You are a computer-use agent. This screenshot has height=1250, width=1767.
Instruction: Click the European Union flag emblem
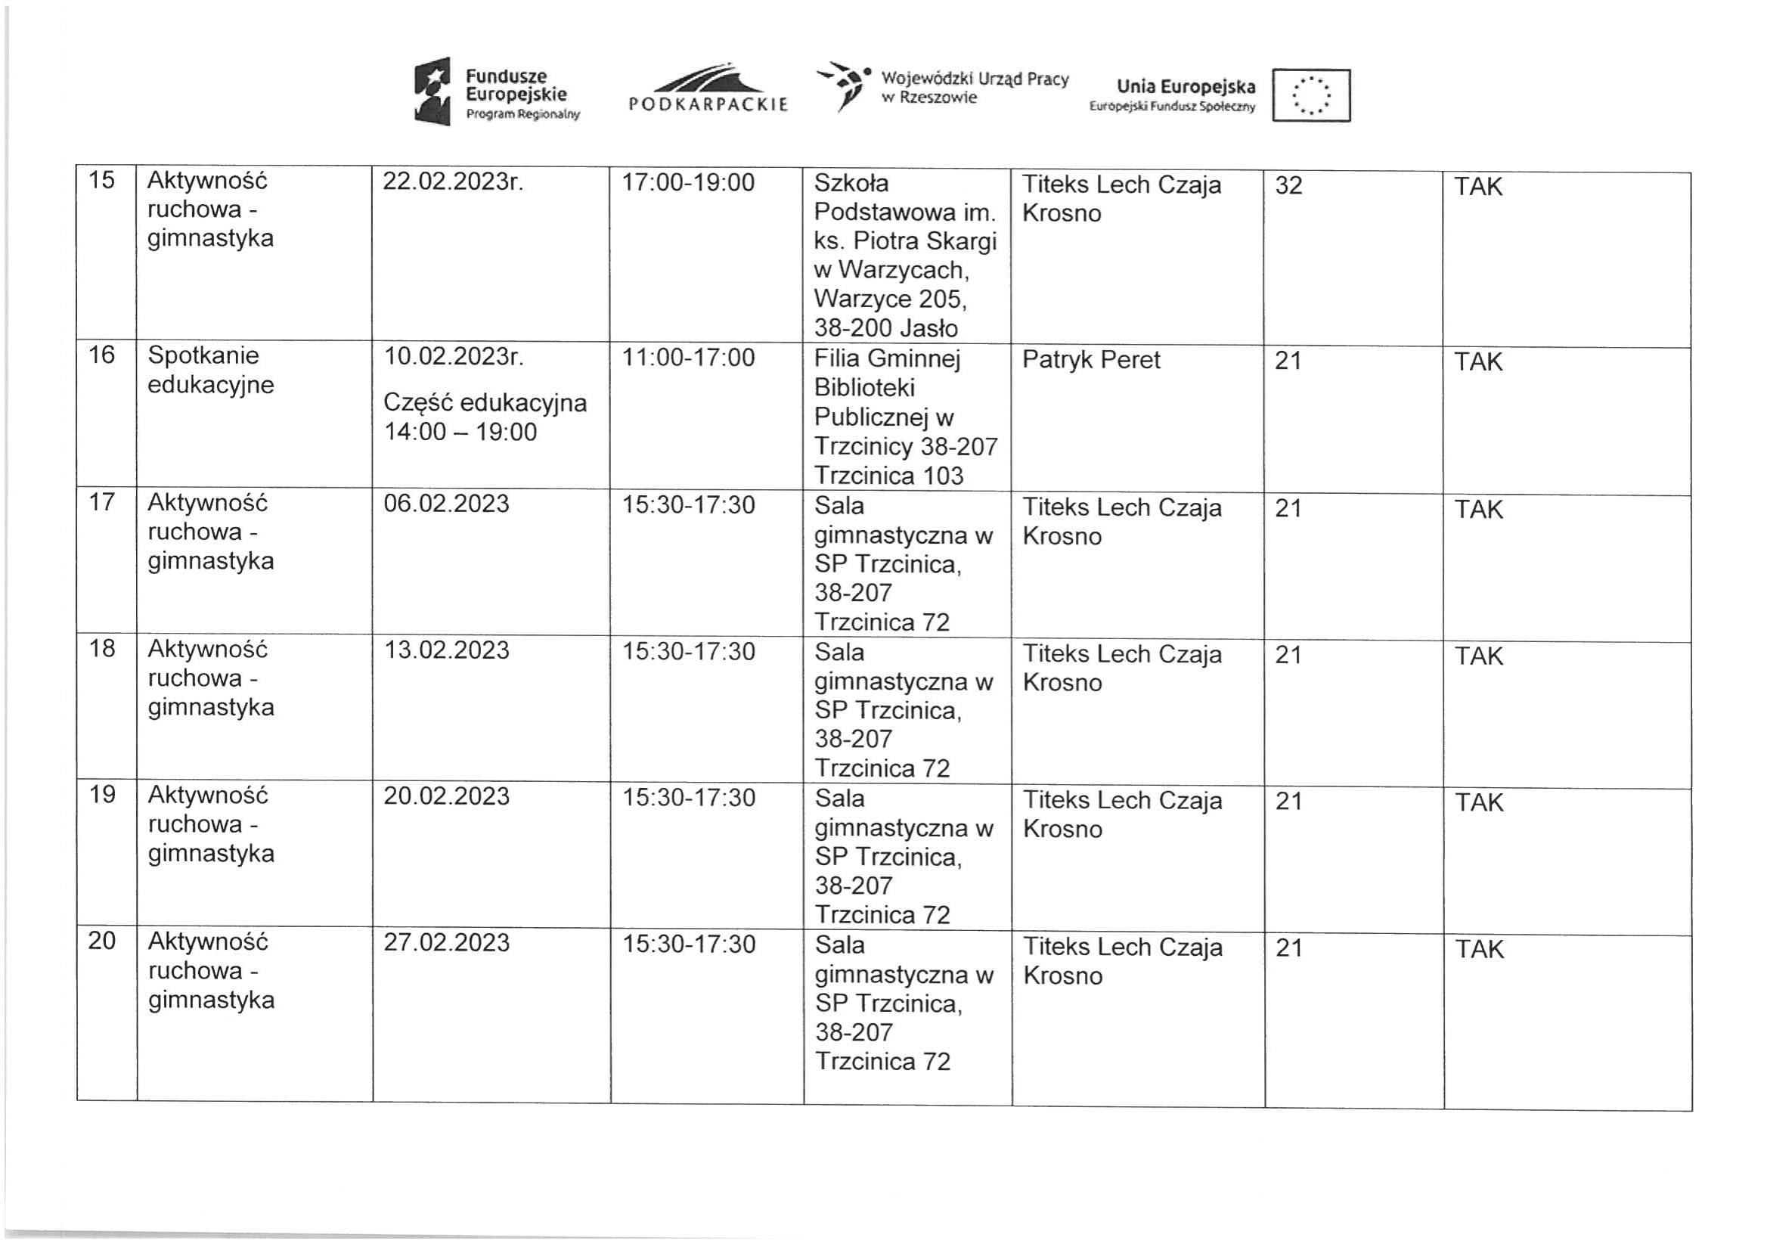click(1310, 95)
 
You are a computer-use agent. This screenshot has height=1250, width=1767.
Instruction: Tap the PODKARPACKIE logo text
click(708, 104)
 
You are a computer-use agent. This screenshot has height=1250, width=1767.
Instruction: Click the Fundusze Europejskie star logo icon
click(432, 91)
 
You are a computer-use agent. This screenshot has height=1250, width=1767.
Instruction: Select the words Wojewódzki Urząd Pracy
click(975, 79)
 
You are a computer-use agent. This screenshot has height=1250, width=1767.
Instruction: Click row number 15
click(101, 180)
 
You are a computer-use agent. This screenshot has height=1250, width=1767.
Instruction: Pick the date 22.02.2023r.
click(452, 181)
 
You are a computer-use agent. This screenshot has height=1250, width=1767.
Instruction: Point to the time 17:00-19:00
click(688, 182)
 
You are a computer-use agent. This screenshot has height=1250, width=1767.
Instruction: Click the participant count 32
click(1288, 185)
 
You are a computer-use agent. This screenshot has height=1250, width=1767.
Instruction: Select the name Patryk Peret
click(1090, 359)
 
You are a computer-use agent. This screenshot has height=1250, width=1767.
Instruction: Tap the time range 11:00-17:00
click(688, 358)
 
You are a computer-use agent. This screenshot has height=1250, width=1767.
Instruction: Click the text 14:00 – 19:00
click(460, 432)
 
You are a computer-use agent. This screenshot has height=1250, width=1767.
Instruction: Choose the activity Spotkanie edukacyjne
click(210, 370)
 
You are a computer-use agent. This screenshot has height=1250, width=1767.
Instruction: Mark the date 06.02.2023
click(446, 504)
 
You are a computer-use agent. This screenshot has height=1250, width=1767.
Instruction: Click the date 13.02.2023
click(446, 650)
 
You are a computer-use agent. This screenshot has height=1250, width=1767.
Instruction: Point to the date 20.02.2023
click(446, 796)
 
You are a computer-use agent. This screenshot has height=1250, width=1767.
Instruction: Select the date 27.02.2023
click(446, 943)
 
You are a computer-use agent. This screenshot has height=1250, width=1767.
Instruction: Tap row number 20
click(101, 941)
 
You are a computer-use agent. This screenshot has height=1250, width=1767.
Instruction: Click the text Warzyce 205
click(890, 299)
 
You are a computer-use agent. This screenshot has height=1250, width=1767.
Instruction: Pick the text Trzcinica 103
click(888, 476)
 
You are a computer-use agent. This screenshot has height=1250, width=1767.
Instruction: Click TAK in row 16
click(1477, 361)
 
